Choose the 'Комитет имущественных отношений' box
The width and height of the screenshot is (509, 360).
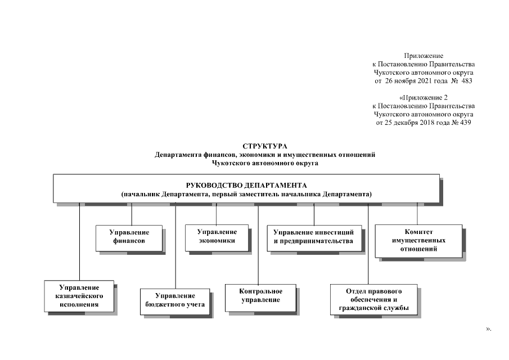coord(418,240)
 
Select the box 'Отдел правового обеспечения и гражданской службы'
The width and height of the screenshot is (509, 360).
coord(373,300)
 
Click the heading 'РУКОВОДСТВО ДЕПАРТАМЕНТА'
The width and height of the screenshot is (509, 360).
coord(246,184)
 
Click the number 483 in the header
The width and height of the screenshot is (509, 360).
coord(466,80)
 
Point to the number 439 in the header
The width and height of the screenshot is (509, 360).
coord(465,123)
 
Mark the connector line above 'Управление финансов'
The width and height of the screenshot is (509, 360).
coord(132,214)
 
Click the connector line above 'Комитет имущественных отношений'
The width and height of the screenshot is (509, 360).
coord(417,213)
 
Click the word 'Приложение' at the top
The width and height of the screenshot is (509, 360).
coord(424,55)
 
